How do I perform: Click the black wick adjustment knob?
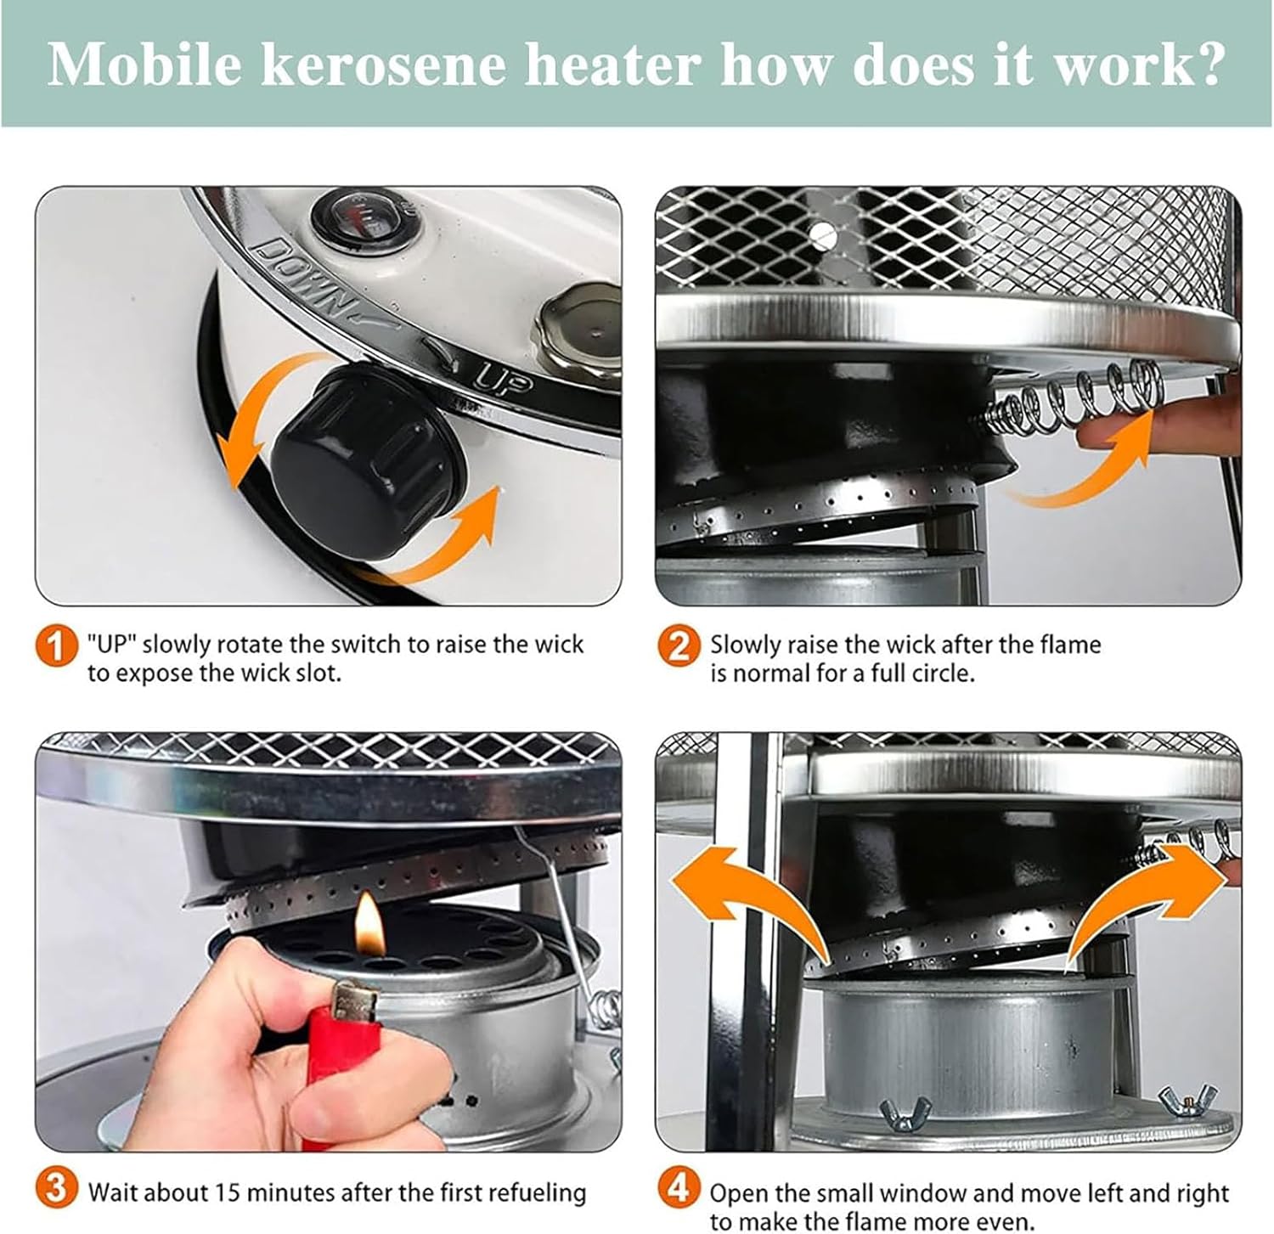(x=367, y=462)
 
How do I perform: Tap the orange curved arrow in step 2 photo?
(x=1087, y=467)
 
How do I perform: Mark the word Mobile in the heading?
(x=144, y=65)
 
